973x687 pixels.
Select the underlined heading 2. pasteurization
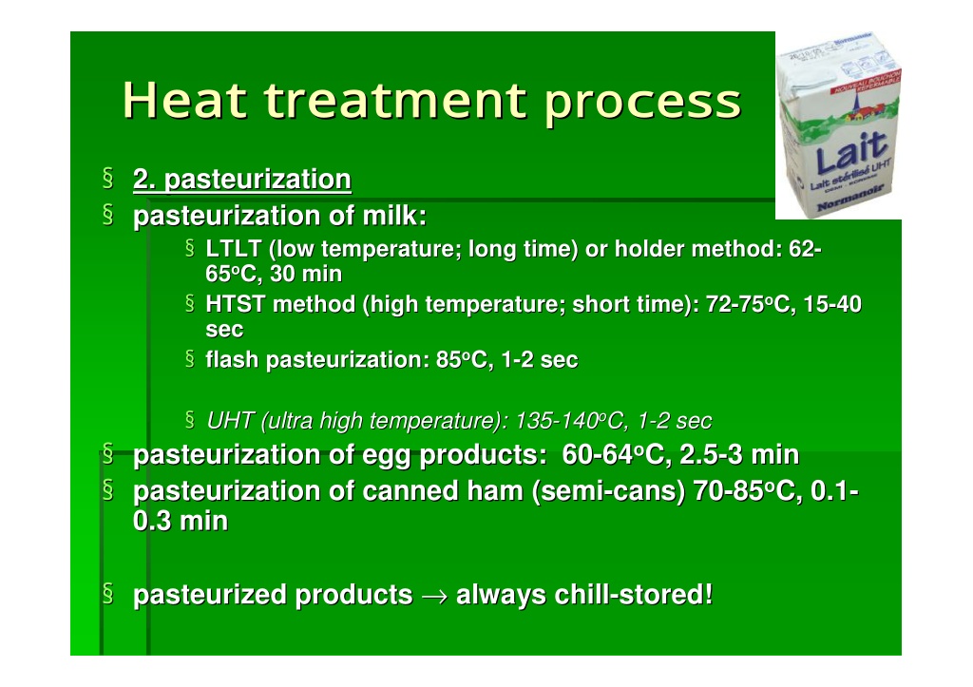pos(242,180)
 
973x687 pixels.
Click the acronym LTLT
pos(234,248)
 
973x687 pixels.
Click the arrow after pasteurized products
pos(434,596)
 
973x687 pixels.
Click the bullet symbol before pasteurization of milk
pos(108,216)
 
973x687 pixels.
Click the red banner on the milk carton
pos(867,84)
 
